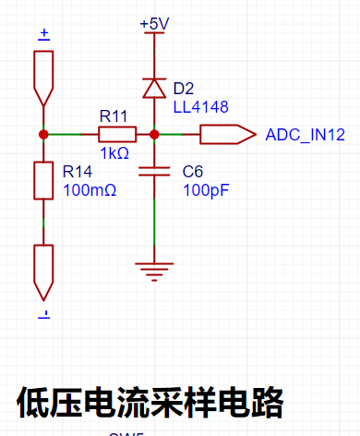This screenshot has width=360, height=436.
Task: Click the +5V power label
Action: point(154,24)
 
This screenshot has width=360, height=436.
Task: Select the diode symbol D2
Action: point(154,89)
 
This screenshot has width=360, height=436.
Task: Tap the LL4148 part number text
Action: point(201,107)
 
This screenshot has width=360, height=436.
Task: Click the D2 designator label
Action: point(184,89)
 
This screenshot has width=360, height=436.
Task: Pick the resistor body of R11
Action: point(117,134)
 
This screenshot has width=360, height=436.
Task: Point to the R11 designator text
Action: point(114,116)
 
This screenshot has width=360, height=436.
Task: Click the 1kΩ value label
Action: point(114,153)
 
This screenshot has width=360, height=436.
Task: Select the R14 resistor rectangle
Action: point(43,180)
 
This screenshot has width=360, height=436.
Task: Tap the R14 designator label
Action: point(78,172)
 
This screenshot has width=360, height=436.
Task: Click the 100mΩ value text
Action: point(90,190)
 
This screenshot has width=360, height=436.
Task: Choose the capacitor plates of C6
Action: point(154,171)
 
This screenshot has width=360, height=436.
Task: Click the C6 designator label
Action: point(193,172)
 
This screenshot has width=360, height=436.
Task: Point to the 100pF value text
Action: point(206,190)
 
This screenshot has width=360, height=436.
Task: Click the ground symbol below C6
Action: point(154,272)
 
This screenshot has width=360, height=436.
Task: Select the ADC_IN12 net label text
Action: point(306,135)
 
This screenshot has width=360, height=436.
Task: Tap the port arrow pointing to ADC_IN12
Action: point(228,134)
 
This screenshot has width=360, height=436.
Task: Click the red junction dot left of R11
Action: point(43,134)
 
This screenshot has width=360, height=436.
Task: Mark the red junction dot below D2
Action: point(154,134)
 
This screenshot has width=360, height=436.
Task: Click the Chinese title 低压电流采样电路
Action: point(150,403)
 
